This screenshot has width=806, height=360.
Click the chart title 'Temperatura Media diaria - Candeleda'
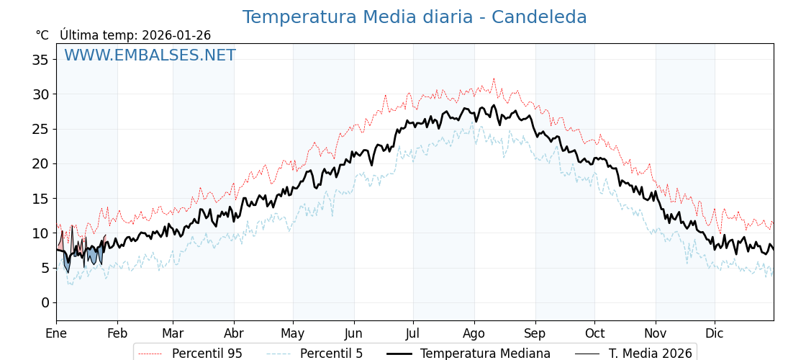(414, 17)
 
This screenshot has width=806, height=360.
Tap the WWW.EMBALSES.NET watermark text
(150, 55)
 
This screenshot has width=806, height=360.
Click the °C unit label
(42, 35)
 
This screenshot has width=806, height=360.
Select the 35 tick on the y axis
(40, 60)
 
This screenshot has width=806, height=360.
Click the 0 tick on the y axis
(45, 302)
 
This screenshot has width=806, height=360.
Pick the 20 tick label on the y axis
(40, 163)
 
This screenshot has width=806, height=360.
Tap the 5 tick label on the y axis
(45, 268)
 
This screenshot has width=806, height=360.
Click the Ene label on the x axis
(56, 333)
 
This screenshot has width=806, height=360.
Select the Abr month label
(234, 333)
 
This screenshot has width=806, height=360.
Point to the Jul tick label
(413, 333)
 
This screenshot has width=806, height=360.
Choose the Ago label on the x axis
(474, 333)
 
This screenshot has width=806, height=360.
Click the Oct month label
(595, 333)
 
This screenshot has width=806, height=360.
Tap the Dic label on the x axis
(715, 333)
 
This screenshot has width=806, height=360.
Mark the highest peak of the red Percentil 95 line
(494, 78)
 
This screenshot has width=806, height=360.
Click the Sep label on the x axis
(535, 333)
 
